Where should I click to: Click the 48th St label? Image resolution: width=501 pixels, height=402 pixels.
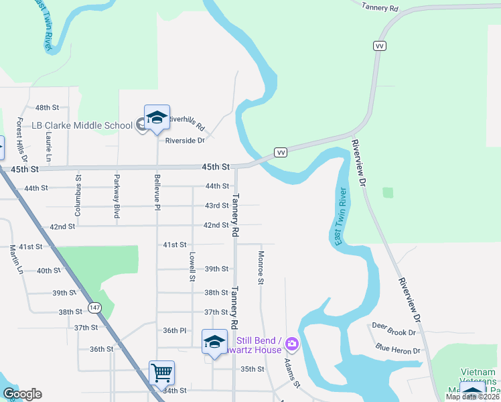click(48, 107)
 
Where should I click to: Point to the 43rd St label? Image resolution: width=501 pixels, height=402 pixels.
click(216, 206)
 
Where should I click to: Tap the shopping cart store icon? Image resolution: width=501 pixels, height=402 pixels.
click(161, 372)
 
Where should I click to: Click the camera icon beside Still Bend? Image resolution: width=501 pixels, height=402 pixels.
click(291, 344)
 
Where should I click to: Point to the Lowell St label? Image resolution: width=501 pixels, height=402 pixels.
click(192, 266)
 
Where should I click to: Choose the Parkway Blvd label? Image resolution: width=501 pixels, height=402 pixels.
click(117, 202)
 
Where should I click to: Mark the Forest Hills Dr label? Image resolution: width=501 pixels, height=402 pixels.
click(19, 137)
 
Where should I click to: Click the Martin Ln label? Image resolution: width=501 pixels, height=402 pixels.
click(15, 259)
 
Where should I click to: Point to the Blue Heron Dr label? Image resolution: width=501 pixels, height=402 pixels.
click(398, 350)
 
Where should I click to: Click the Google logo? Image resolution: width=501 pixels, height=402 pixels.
click(22, 394)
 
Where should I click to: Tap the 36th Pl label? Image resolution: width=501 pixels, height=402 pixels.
click(173, 330)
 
